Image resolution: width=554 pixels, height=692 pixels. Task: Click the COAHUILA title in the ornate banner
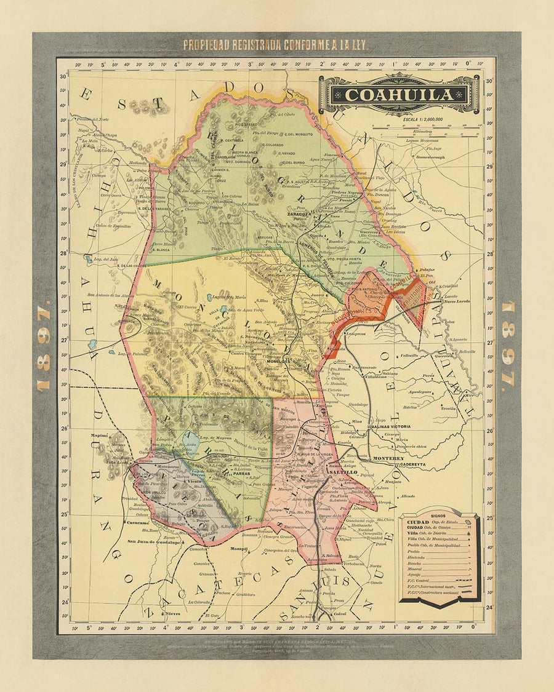click(x=399, y=95)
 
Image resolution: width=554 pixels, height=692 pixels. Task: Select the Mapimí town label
click(x=82, y=435)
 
